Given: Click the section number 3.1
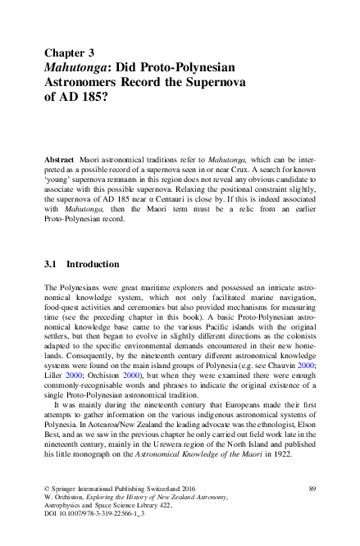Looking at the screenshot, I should (x=53, y=265).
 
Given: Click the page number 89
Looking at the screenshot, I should (x=312, y=489).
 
